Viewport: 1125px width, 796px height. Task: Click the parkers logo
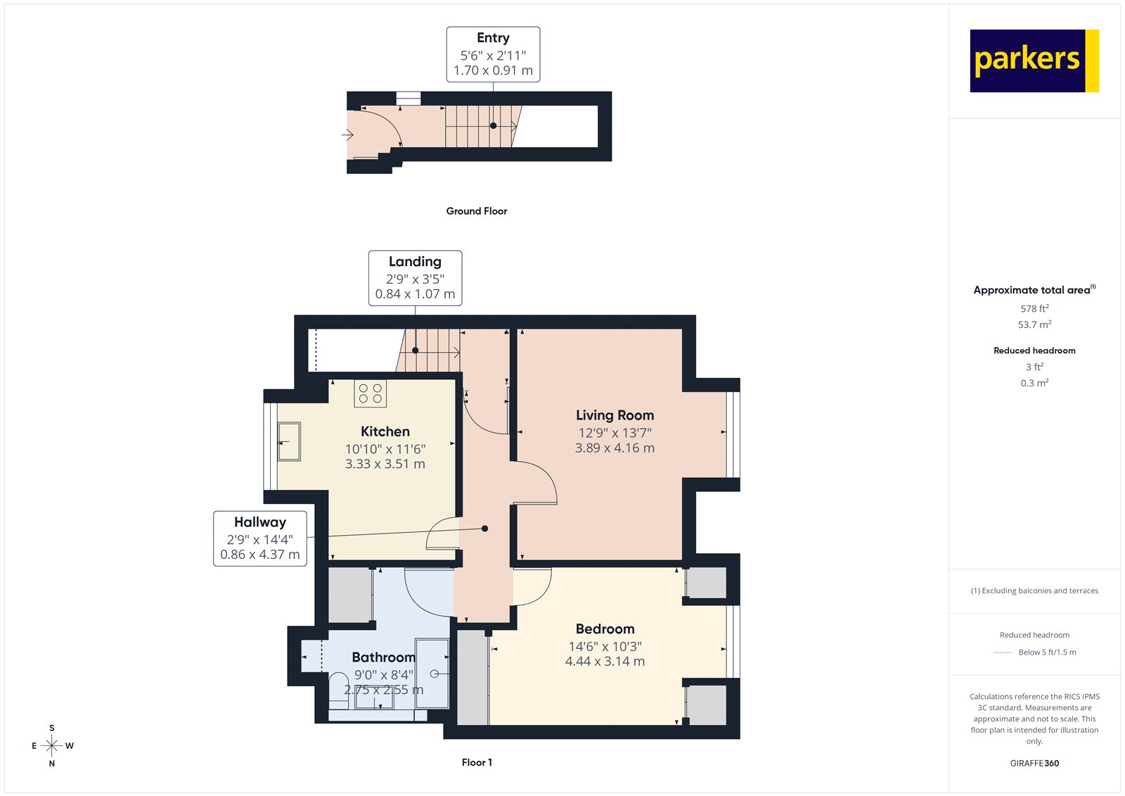click(x=1034, y=61)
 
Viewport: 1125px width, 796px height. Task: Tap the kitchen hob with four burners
click(x=370, y=393)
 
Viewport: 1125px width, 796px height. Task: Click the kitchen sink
click(x=289, y=441)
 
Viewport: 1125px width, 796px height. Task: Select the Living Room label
click(x=615, y=415)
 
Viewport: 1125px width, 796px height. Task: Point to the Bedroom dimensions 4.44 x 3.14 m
click(x=605, y=662)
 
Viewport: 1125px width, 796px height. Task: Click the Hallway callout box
click(x=260, y=538)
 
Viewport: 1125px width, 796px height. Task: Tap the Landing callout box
click(x=415, y=278)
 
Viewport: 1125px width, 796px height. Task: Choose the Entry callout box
click(x=493, y=54)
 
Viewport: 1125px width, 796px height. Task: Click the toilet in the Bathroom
click(x=339, y=686)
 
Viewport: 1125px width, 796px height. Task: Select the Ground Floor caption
click(x=476, y=211)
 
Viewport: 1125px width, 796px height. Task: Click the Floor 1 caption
click(x=477, y=762)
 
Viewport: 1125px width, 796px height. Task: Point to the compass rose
click(x=52, y=745)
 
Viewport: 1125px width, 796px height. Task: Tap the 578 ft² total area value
click(x=1034, y=308)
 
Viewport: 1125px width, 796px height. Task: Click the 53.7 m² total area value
click(x=1034, y=324)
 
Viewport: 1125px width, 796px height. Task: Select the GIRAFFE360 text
click(x=1034, y=763)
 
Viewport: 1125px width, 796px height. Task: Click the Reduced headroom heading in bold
click(x=1034, y=350)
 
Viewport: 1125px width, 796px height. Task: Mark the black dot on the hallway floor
click(x=484, y=529)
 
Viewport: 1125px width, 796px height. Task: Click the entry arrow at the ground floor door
click(x=347, y=134)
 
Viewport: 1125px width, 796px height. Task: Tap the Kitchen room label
click(x=385, y=431)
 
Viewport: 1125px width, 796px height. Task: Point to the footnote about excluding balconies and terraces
click(x=1034, y=590)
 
